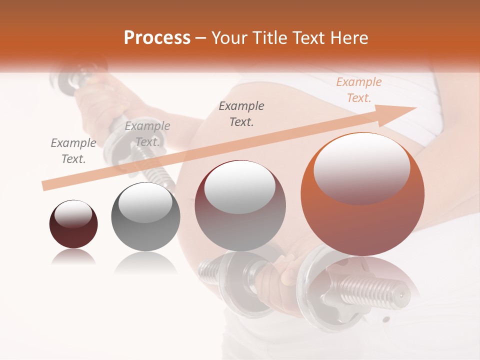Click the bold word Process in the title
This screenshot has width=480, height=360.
pos(157,37)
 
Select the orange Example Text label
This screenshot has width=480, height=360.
pos(358,90)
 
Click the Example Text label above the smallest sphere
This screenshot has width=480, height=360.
pos(73,151)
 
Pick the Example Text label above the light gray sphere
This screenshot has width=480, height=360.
pos(147,134)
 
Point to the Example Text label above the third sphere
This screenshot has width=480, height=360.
pos(241,113)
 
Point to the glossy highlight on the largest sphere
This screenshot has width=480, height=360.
pos(361,167)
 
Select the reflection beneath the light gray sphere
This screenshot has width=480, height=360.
pos(145,262)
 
